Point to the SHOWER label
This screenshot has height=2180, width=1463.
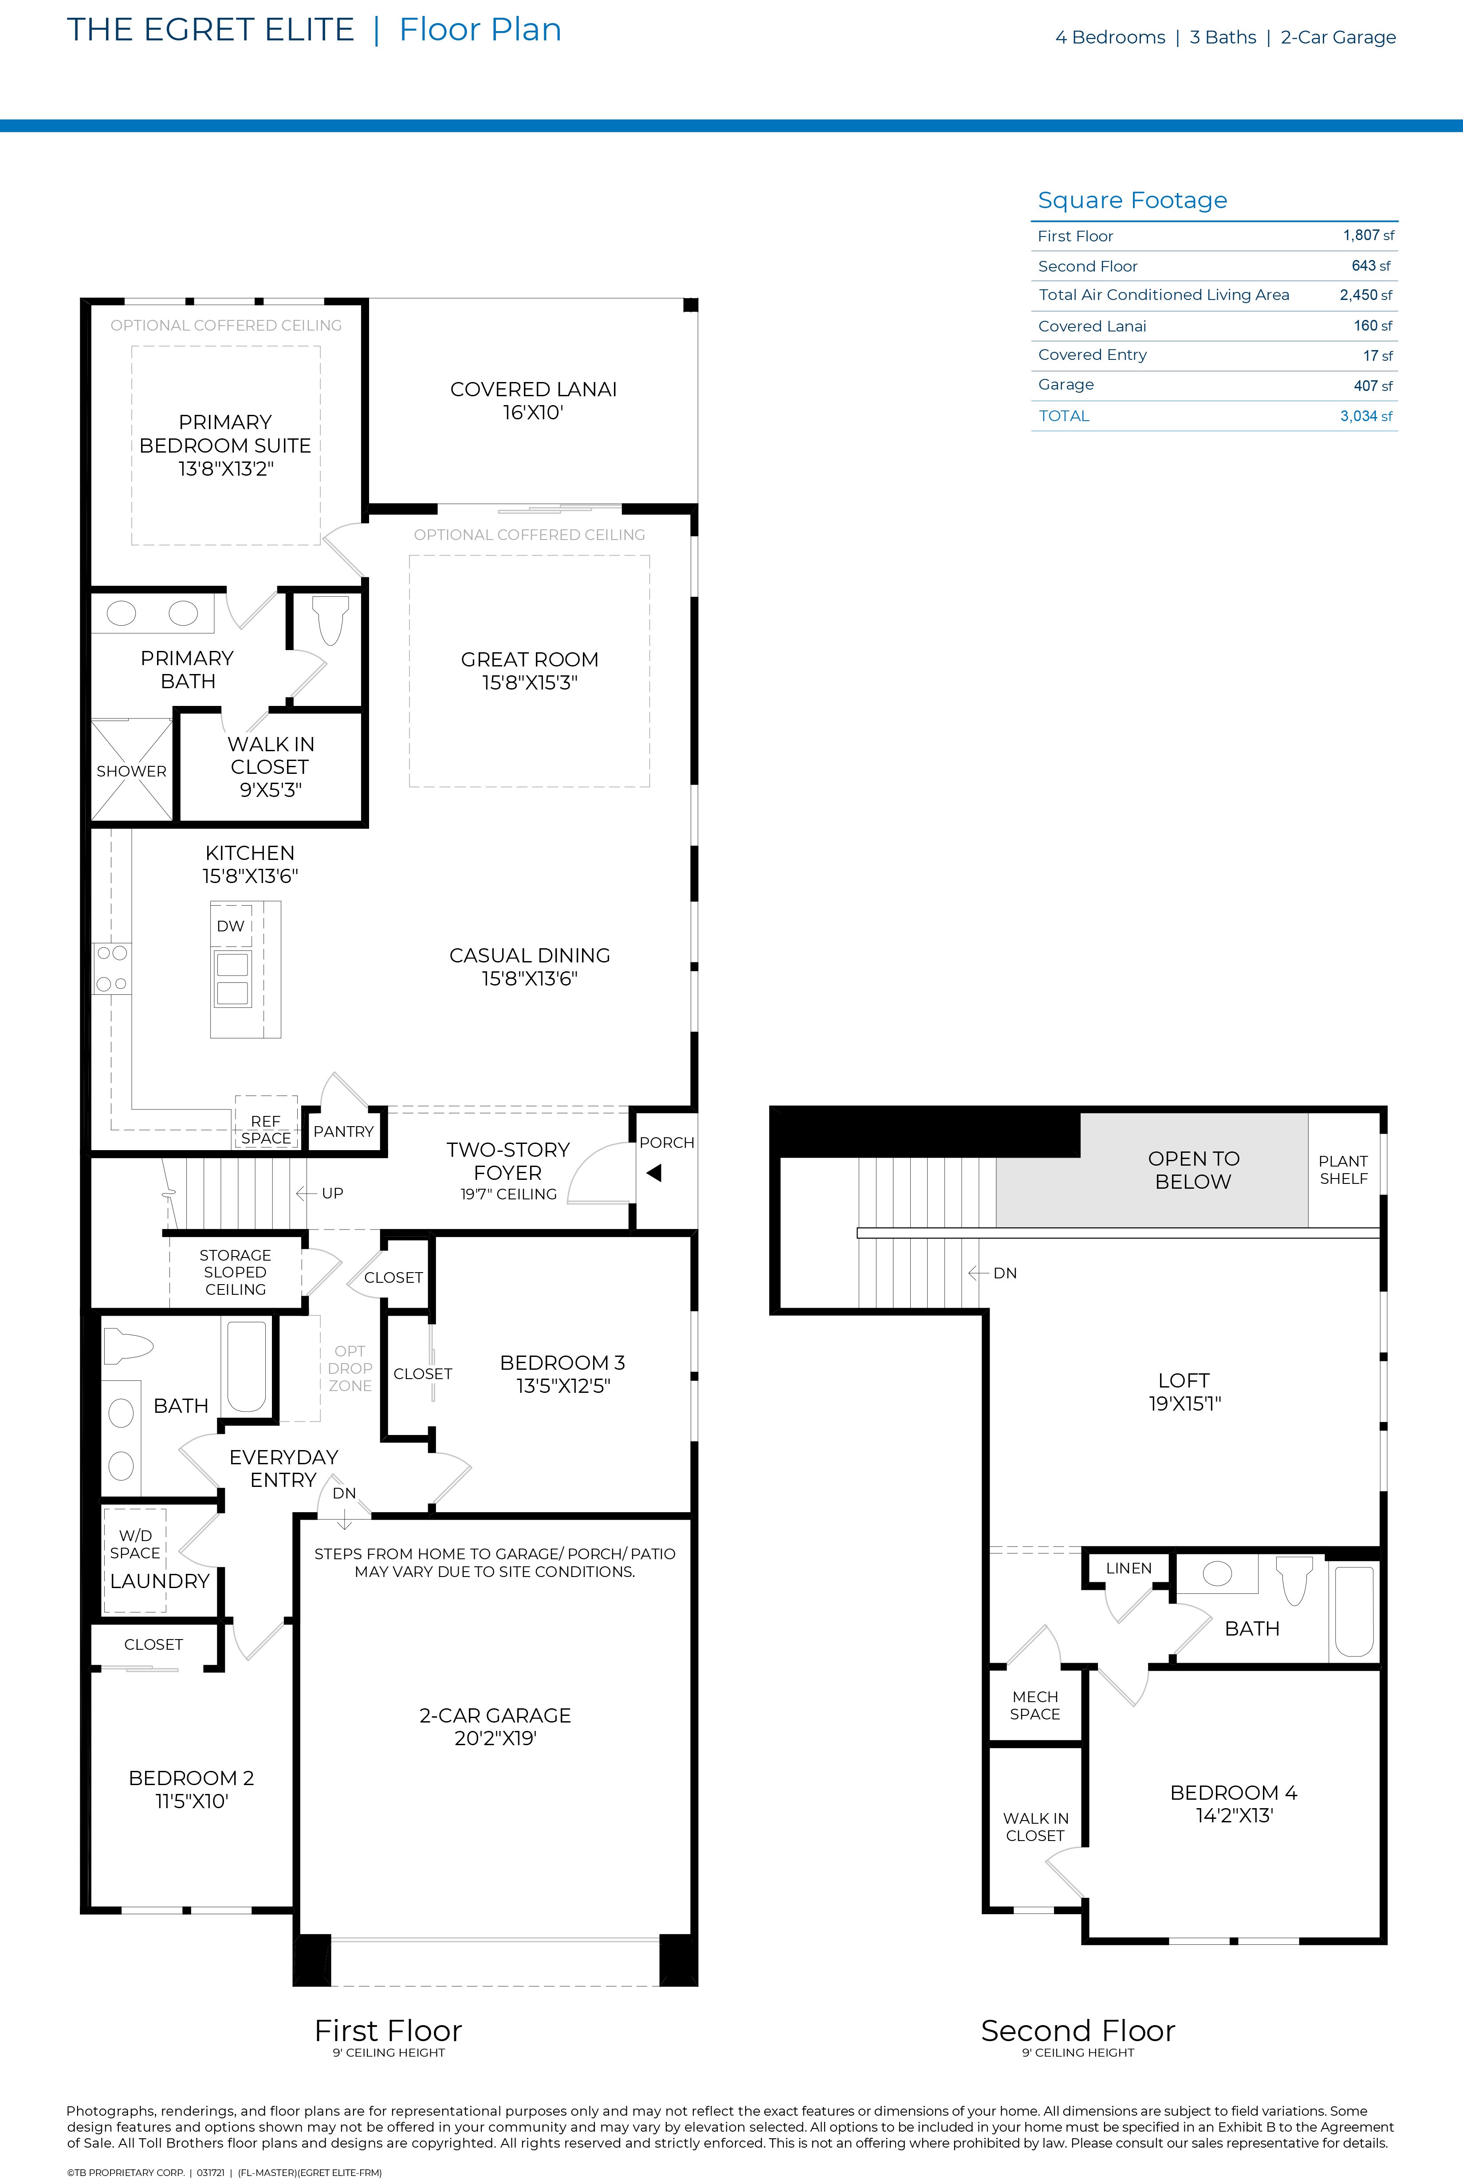coord(132,771)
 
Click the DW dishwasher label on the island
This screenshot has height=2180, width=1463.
coord(231,926)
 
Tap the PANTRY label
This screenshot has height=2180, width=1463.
coord(343,1131)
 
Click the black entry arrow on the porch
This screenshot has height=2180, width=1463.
coord(654,1173)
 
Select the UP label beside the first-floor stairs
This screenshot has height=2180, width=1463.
coord(332,1193)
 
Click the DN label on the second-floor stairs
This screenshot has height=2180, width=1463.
coord(1005,1273)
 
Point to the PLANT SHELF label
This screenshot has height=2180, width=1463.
coord(1344,1169)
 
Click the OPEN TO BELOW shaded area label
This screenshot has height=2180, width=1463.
coord(1193,1169)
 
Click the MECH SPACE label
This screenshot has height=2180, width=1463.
coord(1035,1705)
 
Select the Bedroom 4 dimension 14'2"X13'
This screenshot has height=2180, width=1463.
coord(1235,1815)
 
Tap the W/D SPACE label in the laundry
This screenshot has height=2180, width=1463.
coord(135,1544)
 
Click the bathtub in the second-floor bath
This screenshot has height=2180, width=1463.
coord(1354,1612)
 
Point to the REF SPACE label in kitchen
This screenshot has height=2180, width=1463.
coord(266,1129)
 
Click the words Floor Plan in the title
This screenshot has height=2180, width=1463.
coord(480,30)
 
